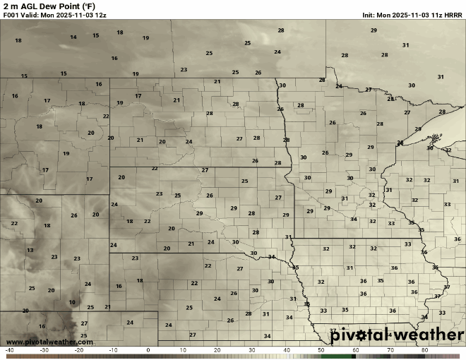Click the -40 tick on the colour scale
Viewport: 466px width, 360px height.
coord(9,350)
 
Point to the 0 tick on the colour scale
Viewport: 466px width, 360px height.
coord(148,350)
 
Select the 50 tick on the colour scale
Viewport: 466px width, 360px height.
coord(321,350)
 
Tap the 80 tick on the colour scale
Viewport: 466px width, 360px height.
coord(425,350)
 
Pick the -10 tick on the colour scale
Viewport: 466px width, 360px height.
coord(114,350)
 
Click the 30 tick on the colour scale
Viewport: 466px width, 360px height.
coord(252,350)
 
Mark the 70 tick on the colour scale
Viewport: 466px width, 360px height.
coord(390,350)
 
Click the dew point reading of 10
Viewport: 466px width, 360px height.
coord(72,302)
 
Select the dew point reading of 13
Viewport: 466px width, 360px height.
coord(30,250)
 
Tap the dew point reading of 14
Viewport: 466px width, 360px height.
coord(73,37)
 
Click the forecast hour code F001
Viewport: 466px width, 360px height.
coord(11,14)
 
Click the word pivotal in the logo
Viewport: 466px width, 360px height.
coord(357,333)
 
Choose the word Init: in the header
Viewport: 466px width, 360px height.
coord(369,14)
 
